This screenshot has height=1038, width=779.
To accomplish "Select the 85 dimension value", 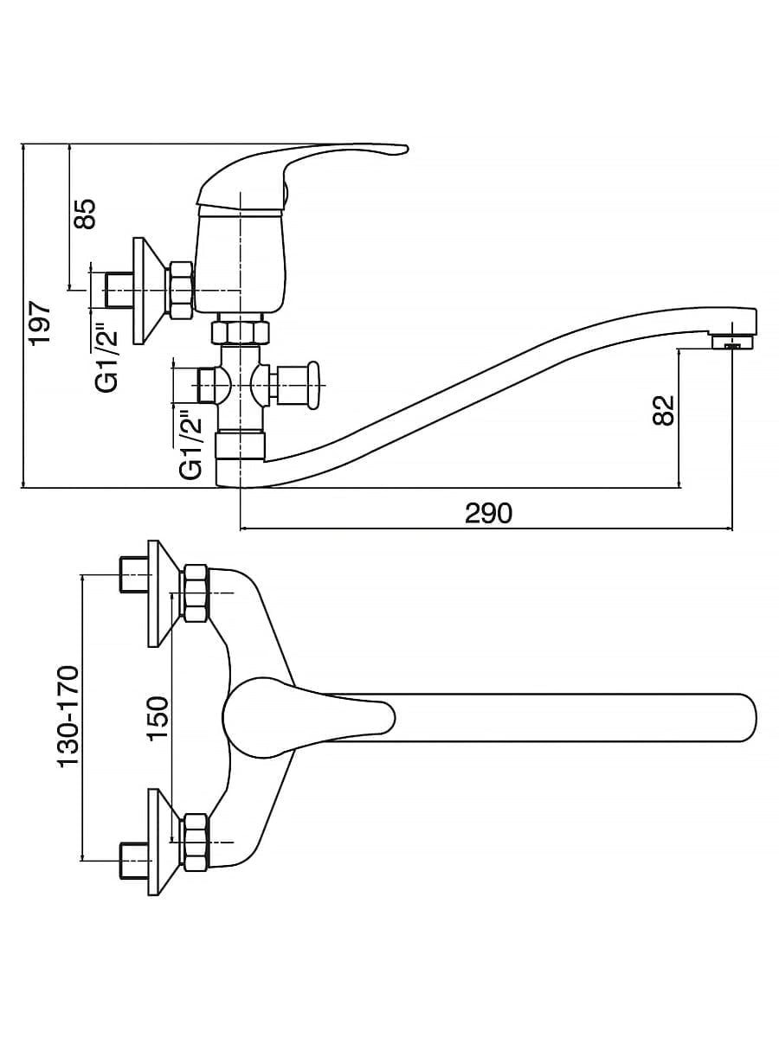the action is pyautogui.click(x=86, y=214).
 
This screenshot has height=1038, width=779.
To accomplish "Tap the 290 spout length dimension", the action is pyautogui.click(x=488, y=513).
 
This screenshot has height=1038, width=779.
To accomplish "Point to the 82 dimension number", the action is pyautogui.click(x=662, y=410).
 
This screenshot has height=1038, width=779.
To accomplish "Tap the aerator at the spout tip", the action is pyautogui.click(x=733, y=342).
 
